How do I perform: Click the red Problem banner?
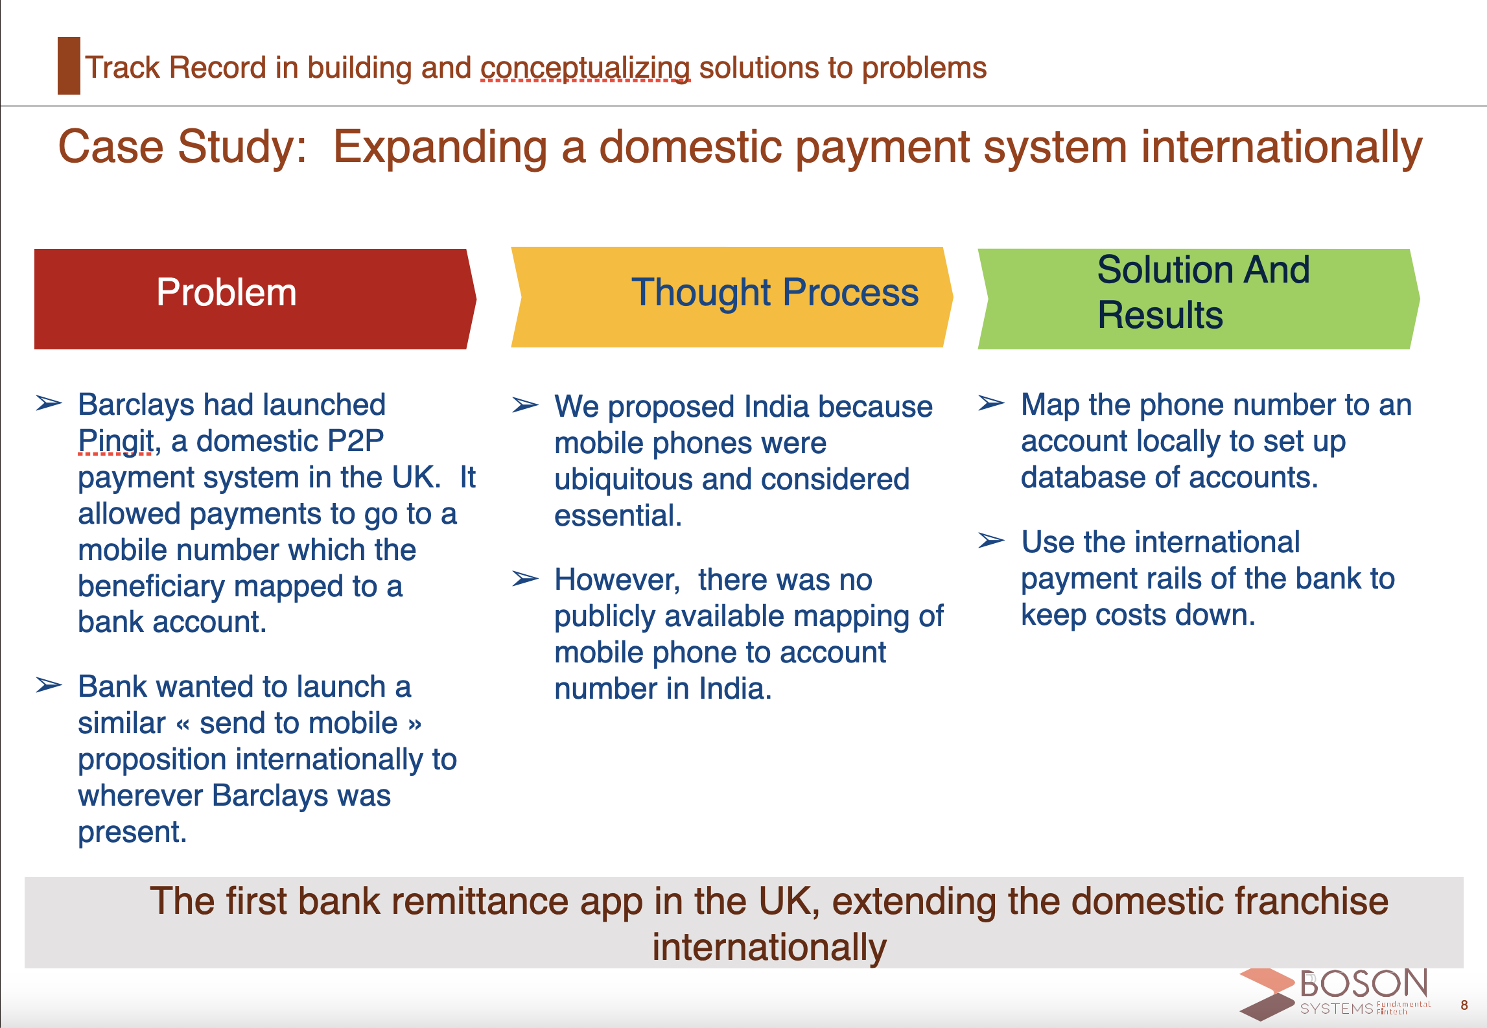(x=255, y=299)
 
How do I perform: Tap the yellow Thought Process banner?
(x=732, y=297)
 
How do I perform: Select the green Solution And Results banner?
(x=1199, y=299)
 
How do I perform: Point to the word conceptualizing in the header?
(x=585, y=68)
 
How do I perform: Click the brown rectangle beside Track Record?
(x=69, y=65)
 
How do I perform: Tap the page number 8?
(x=1464, y=1005)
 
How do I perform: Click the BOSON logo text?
(x=1364, y=984)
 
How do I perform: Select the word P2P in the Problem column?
(x=355, y=441)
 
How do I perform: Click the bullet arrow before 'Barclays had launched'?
(x=49, y=404)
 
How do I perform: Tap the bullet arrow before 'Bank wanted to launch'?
(x=49, y=685)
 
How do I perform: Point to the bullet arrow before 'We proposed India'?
(x=525, y=405)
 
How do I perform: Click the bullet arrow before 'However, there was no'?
(x=525, y=578)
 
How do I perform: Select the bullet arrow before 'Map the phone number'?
(x=992, y=403)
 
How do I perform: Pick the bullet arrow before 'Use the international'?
(x=992, y=540)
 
